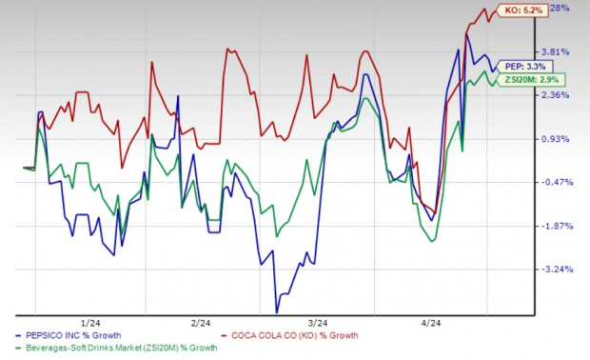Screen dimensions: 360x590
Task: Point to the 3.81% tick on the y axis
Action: coord(558,51)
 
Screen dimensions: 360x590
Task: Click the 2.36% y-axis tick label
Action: coord(558,95)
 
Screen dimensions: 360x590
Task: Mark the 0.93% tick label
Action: coord(558,139)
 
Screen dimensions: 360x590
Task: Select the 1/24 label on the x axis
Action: coord(96,322)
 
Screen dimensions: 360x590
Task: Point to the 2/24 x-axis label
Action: coord(202,322)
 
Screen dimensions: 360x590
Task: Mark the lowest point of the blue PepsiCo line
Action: coord(277,311)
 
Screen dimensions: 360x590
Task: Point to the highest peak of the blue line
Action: coord(467,36)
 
